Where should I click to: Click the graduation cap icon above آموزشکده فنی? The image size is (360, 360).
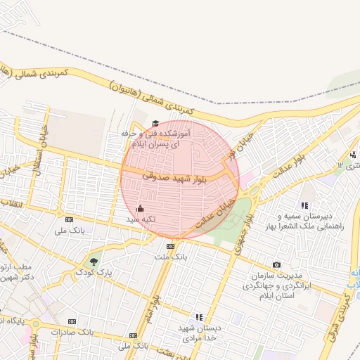coord(155,124)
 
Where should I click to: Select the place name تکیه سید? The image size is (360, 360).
coord(140,219)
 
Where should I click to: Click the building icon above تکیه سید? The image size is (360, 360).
coord(139,208)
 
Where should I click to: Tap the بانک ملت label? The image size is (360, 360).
coord(171,257)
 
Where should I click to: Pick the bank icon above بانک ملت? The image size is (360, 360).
coord(171,246)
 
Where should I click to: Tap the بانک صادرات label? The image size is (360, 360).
coord(74,331)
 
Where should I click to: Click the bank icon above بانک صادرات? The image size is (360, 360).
coord(74,321)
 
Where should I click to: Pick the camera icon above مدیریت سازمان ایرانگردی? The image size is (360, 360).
coord(276,264)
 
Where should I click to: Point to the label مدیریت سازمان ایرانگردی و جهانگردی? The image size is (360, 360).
coord(278,285)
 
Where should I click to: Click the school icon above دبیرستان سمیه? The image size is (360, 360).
coord(304,205)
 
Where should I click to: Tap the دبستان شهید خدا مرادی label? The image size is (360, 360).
coord(198,333)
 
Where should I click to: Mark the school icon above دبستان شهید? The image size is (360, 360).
coord(199,317)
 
